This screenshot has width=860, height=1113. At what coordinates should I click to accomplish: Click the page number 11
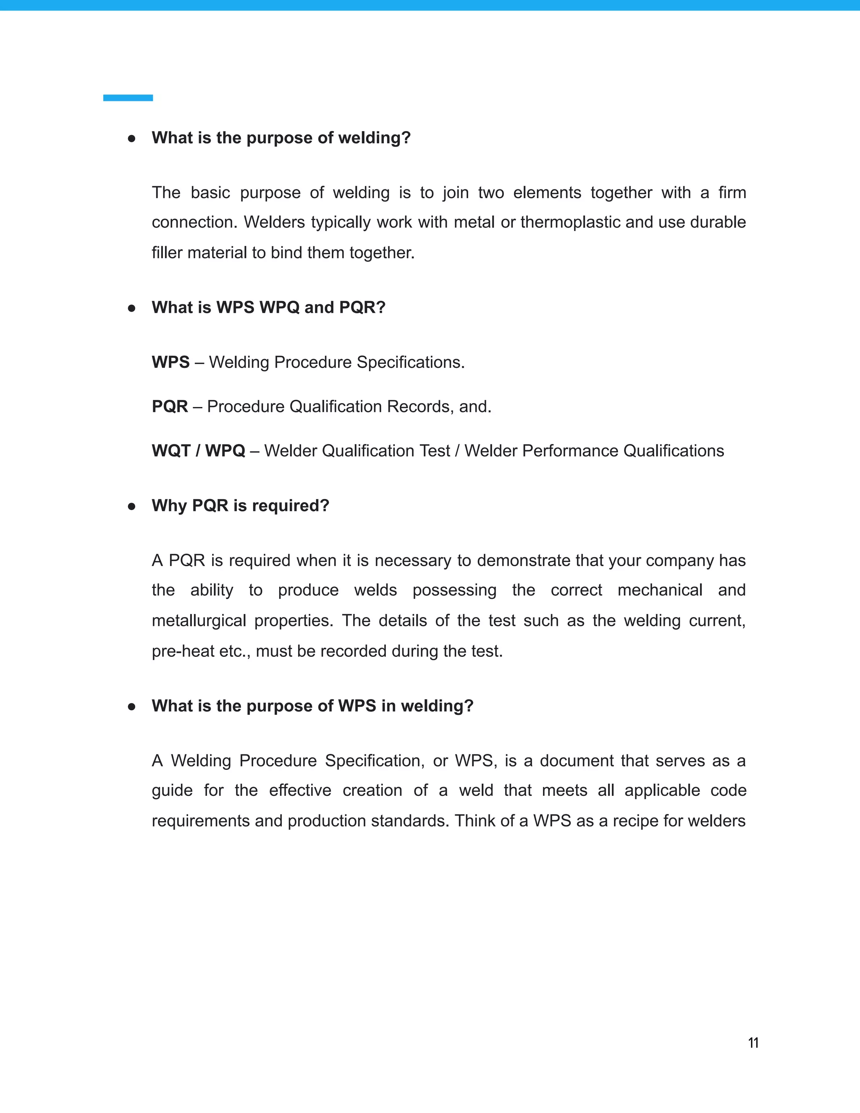pos(753,1043)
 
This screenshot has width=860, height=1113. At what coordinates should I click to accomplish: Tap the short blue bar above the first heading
pos(128,98)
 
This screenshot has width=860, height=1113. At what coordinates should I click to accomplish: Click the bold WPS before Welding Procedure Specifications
pos(170,362)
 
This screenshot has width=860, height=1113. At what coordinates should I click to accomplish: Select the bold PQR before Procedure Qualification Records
pos(170,407)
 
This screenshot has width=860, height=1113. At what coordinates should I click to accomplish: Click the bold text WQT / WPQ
pos(198,451)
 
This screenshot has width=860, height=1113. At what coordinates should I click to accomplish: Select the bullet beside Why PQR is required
pos(131,506)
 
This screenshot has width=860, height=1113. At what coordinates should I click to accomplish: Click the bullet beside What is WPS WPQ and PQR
pos(131,308)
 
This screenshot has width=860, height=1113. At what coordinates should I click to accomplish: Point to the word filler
pos(167,253)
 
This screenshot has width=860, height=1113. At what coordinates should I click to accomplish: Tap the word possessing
pos(454,591)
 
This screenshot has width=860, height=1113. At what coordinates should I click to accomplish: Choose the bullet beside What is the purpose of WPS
pos(131,706)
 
